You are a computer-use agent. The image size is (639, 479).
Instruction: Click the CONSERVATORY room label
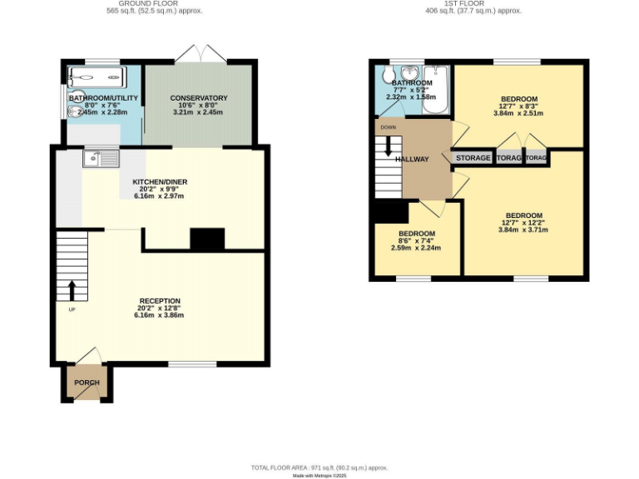click(199, 98)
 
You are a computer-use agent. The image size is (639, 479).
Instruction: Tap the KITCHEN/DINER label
click(160, 181)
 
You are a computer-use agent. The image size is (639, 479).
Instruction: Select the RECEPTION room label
click(160, 301)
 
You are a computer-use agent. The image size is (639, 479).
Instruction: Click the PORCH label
click(87, 383)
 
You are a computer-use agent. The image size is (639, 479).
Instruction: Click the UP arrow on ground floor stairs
click(71, 290)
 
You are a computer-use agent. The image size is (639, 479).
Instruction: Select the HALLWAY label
click(412, 159)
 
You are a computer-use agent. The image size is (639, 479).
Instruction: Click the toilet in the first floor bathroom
click(389, 77)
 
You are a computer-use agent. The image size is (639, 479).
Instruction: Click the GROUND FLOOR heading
click(154, 3)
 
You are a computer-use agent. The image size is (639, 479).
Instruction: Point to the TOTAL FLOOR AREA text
click(319, 468)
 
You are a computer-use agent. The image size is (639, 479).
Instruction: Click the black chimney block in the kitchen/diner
click(207, 240)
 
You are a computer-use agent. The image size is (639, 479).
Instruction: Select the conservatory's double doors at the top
click(200, 55)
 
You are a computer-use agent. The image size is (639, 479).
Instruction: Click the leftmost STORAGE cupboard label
click(473, 158)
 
